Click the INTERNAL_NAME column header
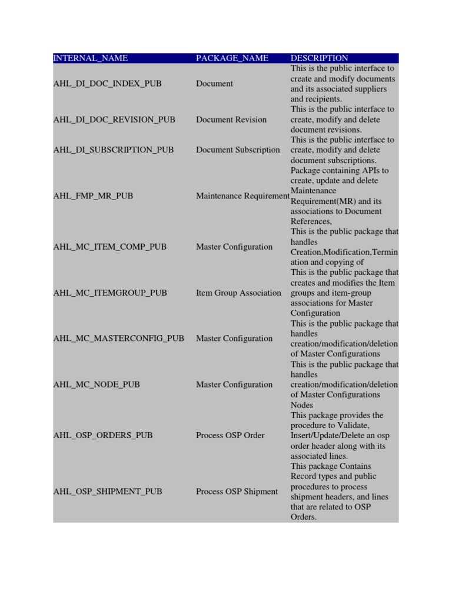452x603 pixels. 91,58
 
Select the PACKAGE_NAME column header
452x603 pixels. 232,58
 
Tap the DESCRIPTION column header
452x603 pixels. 319,58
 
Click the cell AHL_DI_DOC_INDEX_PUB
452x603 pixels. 107,84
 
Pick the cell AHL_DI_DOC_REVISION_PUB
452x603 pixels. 114,120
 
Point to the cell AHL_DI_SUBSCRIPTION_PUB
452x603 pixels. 114,150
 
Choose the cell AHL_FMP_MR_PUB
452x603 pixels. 93,196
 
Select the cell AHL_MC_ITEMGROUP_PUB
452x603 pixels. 110,293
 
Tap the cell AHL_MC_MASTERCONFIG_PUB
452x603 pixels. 119,339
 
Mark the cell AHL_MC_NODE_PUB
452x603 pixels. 97,385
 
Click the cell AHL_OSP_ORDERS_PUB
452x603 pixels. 103,436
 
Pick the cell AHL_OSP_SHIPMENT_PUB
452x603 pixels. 108,492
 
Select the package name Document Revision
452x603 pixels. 231,120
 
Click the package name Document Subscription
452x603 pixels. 238,150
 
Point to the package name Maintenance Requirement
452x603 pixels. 242,196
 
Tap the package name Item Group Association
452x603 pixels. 238,293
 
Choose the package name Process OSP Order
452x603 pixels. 230,436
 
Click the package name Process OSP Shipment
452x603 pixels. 237,492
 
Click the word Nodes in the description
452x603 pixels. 302,405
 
